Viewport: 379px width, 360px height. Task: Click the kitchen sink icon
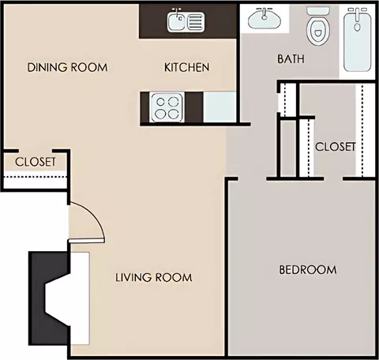click(x=186, y=21)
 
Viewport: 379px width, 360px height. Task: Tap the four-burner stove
click(x=167, y=107)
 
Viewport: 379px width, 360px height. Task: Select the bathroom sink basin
click(x=265, y=18)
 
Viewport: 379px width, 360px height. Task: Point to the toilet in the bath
click(x=318, y=26)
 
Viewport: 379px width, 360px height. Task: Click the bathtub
click(x=357, y=39)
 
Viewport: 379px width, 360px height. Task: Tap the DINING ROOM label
click(x=67, y=67)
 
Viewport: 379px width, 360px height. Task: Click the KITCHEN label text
click(x=187, y=67)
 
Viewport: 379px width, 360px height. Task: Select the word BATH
click(x=291, y=58)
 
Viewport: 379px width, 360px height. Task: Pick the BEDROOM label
click(x=308, y=270)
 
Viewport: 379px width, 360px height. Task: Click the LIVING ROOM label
click(x=154, y=277)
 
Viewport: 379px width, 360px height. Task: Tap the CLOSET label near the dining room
click(x=36, y=162)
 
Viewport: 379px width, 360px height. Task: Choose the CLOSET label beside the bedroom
click(x=336, y=147)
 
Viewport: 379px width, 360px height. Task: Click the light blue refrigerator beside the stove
click(x=220, y=107)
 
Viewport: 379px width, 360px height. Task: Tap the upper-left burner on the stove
click(x=160, y=102)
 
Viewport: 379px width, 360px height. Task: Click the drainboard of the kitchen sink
click(x=196, y=21)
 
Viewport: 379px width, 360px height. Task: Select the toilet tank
click(x=318, y=11)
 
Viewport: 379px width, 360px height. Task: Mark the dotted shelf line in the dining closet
click(x=36, y=177)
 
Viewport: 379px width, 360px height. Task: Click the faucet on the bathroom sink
click(x=264, y=13)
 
